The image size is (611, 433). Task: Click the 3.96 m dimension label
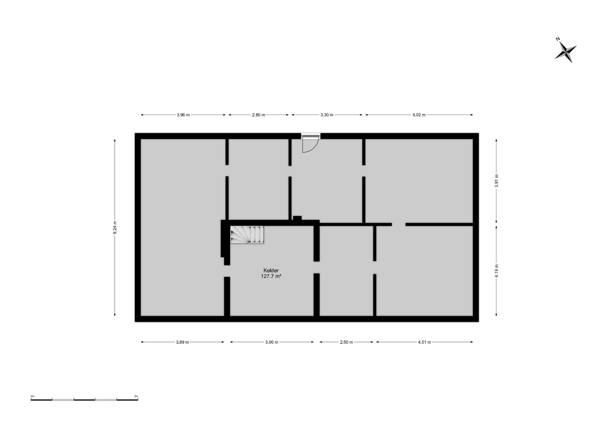tap(183, 115)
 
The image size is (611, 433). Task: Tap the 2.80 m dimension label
tap(259, 115)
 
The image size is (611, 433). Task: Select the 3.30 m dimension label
tap(327, 115)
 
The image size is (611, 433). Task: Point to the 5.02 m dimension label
tap(419, 115)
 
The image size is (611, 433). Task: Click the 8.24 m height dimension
tap(115, 227)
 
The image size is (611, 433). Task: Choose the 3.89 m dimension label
tap(183, 342)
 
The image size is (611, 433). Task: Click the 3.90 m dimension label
tap(272, 342)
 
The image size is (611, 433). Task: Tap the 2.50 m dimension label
tap(347, 342)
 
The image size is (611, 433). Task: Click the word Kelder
tap(271, 271)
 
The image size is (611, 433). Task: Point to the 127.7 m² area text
tap(271, 276)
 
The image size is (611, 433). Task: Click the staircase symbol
tap(247, 235)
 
